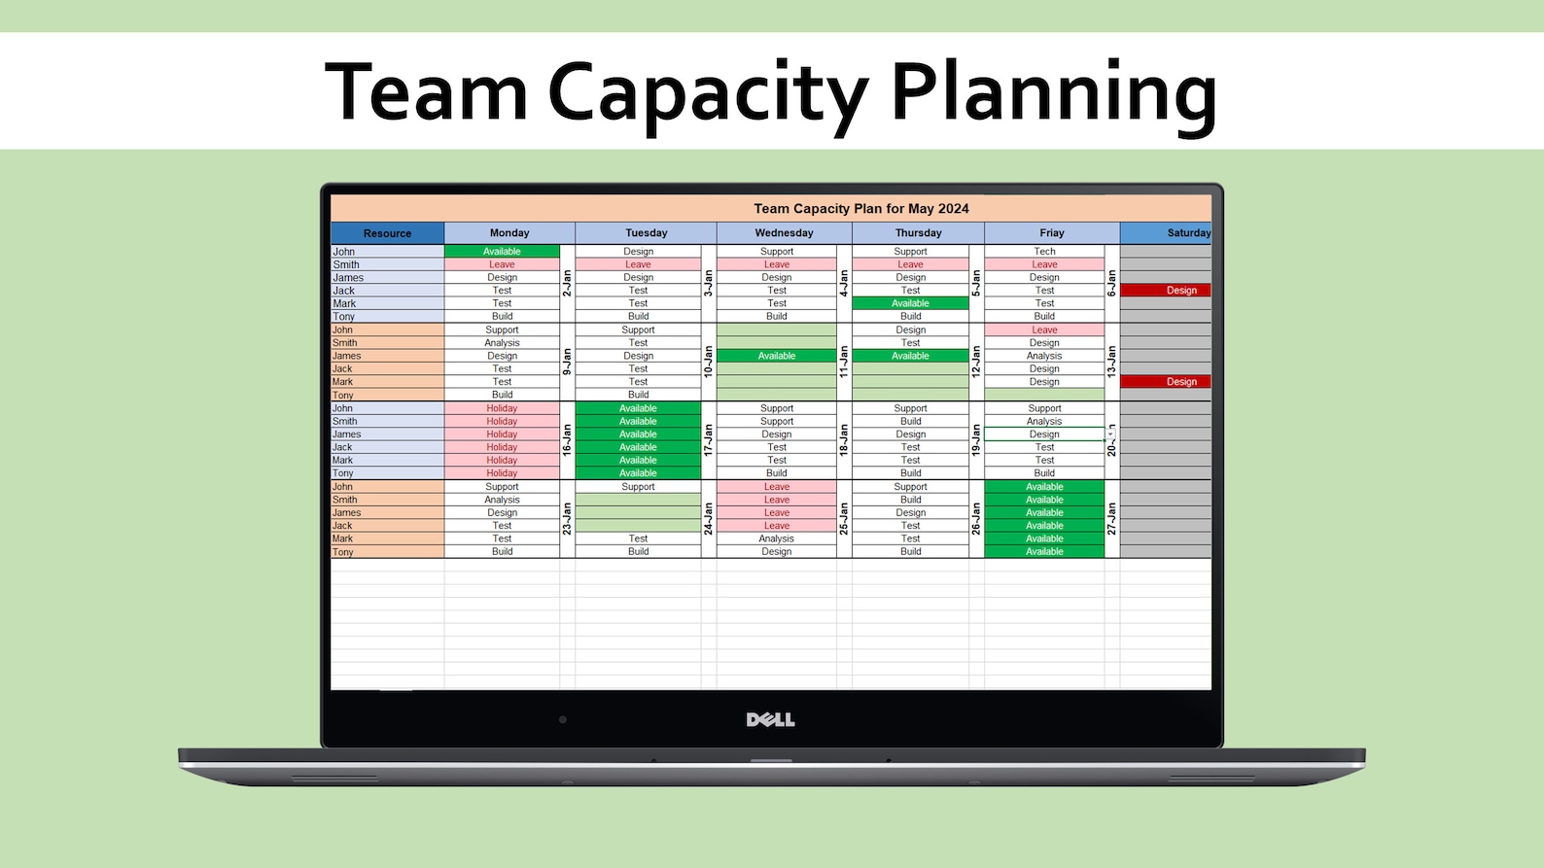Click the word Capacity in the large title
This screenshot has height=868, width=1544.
click(707, 94)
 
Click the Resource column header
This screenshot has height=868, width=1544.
click(387, 233)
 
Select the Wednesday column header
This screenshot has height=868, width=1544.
click(784, 233)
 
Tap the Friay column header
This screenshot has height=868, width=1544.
click(1051, 233)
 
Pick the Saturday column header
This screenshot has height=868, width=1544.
click(1187, 233)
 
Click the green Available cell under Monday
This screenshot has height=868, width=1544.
click(502, 252)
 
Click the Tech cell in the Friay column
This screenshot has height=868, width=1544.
click(1044, 252)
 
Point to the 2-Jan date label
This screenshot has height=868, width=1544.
click(567, 283)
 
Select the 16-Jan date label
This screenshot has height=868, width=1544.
click(567, 440)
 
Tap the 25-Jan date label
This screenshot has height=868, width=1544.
click(844, 518)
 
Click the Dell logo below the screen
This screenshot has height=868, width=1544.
click(770, 719)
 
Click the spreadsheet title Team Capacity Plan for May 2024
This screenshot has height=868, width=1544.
click(860, 208)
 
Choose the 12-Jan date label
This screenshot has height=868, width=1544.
click(976, 362)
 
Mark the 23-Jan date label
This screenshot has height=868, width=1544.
click(567, 518)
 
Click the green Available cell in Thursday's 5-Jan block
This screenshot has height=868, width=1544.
click(910, 303)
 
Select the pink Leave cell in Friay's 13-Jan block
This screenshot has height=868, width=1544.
click(1044, 330)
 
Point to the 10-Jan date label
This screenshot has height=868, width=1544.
click(709, 362)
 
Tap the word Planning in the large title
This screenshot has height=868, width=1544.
click(1053, 94)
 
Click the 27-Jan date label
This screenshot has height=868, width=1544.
click(1111, 518)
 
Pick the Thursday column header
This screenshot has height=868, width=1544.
click(918, 233)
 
